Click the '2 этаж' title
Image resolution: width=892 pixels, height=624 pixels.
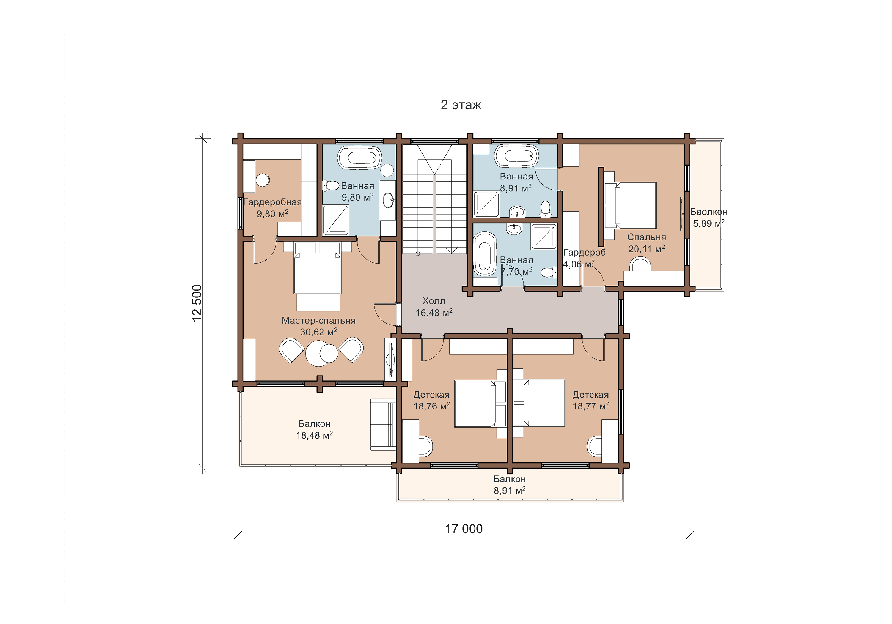(x=461, y=105)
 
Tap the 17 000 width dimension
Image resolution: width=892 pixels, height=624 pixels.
(x=464, y=529)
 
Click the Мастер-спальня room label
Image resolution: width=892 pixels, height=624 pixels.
(x=318, y=321)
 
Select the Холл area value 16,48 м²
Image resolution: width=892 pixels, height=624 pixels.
(x=434, y=313)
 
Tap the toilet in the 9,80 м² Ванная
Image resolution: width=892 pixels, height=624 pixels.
(x=331, y=186)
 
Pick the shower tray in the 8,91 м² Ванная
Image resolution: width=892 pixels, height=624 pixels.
(x=486, y=204)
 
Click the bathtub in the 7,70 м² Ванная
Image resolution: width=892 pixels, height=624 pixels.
(x=485, y=254)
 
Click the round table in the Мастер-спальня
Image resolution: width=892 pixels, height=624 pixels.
(x=318, y=353)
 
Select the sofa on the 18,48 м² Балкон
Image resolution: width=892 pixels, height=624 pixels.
(x=383, y=424)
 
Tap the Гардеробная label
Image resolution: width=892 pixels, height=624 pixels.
(x=272, y=202)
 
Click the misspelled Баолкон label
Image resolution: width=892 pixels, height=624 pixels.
(x=709, y=212)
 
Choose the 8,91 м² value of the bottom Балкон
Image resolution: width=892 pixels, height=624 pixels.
(x=509, y=490)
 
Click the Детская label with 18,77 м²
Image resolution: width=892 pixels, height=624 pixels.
(x=591, y=395)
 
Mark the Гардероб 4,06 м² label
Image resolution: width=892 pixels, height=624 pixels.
(x=584, y=258)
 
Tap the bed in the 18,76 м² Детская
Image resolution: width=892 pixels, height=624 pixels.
(x=480, y=404)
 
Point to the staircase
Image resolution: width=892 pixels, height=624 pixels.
(x=434, y=199)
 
